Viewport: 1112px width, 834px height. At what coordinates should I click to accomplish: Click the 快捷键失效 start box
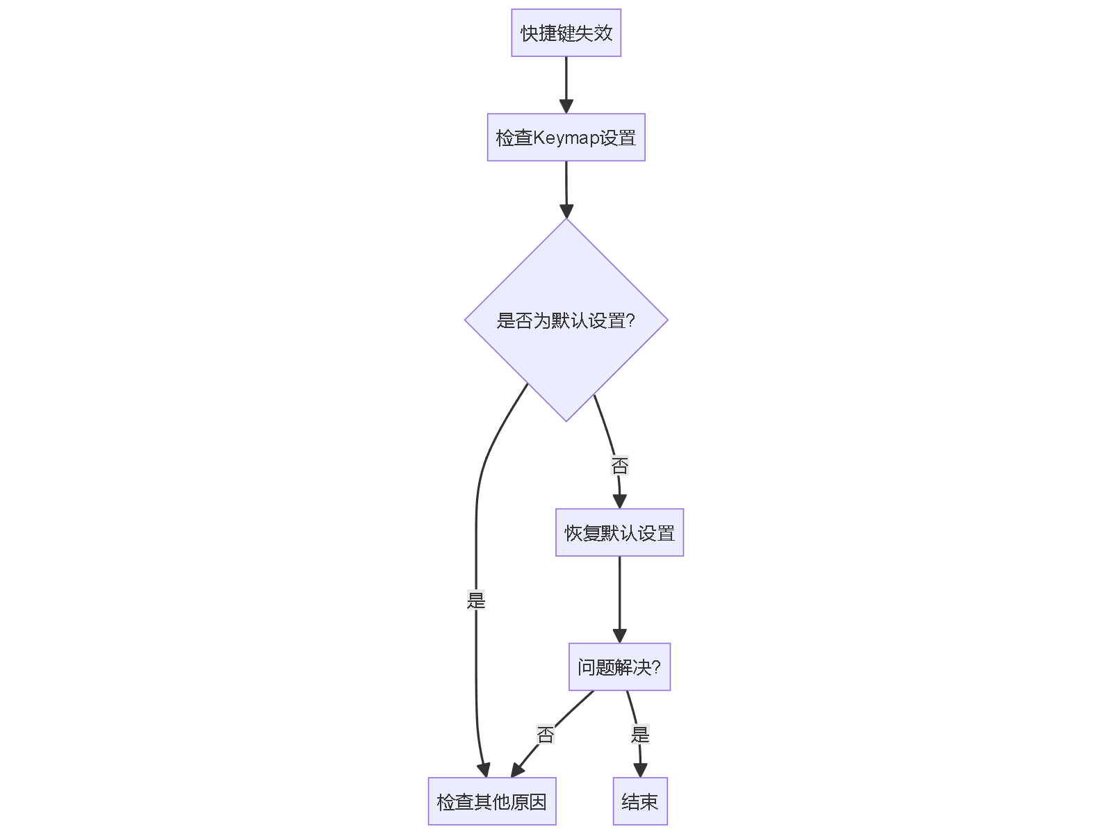(566, 33)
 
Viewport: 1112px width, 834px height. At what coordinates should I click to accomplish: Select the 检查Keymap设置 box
(566, 138)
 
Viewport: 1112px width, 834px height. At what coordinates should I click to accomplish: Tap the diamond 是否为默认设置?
(566, 320)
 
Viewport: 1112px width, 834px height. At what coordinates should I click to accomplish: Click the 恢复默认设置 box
(619, 533)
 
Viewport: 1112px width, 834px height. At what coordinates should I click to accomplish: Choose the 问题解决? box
(619, 667)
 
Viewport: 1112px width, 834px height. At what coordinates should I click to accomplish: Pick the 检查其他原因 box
(491, 802)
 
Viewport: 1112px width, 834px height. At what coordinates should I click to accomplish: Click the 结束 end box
(640, 802)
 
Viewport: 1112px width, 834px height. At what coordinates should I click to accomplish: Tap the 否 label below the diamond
(619, 466)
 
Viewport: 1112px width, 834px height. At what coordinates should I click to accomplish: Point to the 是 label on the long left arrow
(476, 600)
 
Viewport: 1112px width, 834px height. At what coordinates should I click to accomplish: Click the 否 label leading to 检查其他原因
(546, 735)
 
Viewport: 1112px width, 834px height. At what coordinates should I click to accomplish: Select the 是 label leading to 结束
(640, 735)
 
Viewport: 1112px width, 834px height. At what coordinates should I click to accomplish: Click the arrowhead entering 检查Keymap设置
(566, 106)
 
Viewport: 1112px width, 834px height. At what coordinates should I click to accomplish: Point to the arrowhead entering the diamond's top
(566, 211)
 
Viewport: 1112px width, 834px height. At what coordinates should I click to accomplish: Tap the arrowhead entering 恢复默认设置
(619, 502)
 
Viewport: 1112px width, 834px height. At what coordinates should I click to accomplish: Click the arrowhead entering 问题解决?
(619, 636)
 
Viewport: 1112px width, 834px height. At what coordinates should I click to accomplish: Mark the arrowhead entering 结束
(640, 771)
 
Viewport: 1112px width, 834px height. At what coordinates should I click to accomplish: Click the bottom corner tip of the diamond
(566, 420)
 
